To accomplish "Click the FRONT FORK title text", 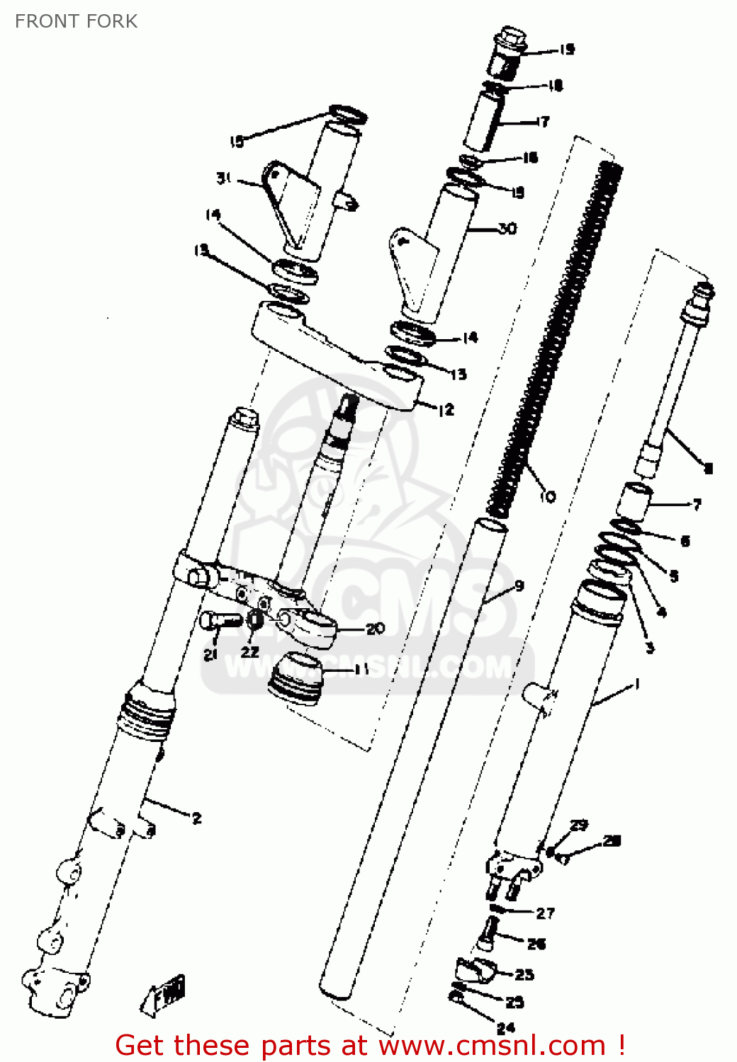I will [x=76, y=21].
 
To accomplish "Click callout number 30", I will [x=507, y=228].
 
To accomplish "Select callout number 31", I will [x=224, y=178].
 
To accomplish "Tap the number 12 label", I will [x=446, y=410].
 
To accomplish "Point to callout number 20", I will [x=375, y=628].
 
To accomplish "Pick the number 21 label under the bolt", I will [x=210, y=655].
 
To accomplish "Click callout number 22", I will [x=249, y=651].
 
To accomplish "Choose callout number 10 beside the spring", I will [x=548, y=497].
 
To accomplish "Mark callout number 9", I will [x=519, y=586].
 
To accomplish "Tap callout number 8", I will [x=708, y=467].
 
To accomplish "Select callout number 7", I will [x=697, y=504].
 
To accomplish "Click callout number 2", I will [x=196, y=818].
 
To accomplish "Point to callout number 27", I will [x=545, y=913].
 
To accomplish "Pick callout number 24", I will [x=505, y=1028].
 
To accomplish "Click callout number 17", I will [x=543, y=122].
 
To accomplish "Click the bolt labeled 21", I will [x=220, y=621].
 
